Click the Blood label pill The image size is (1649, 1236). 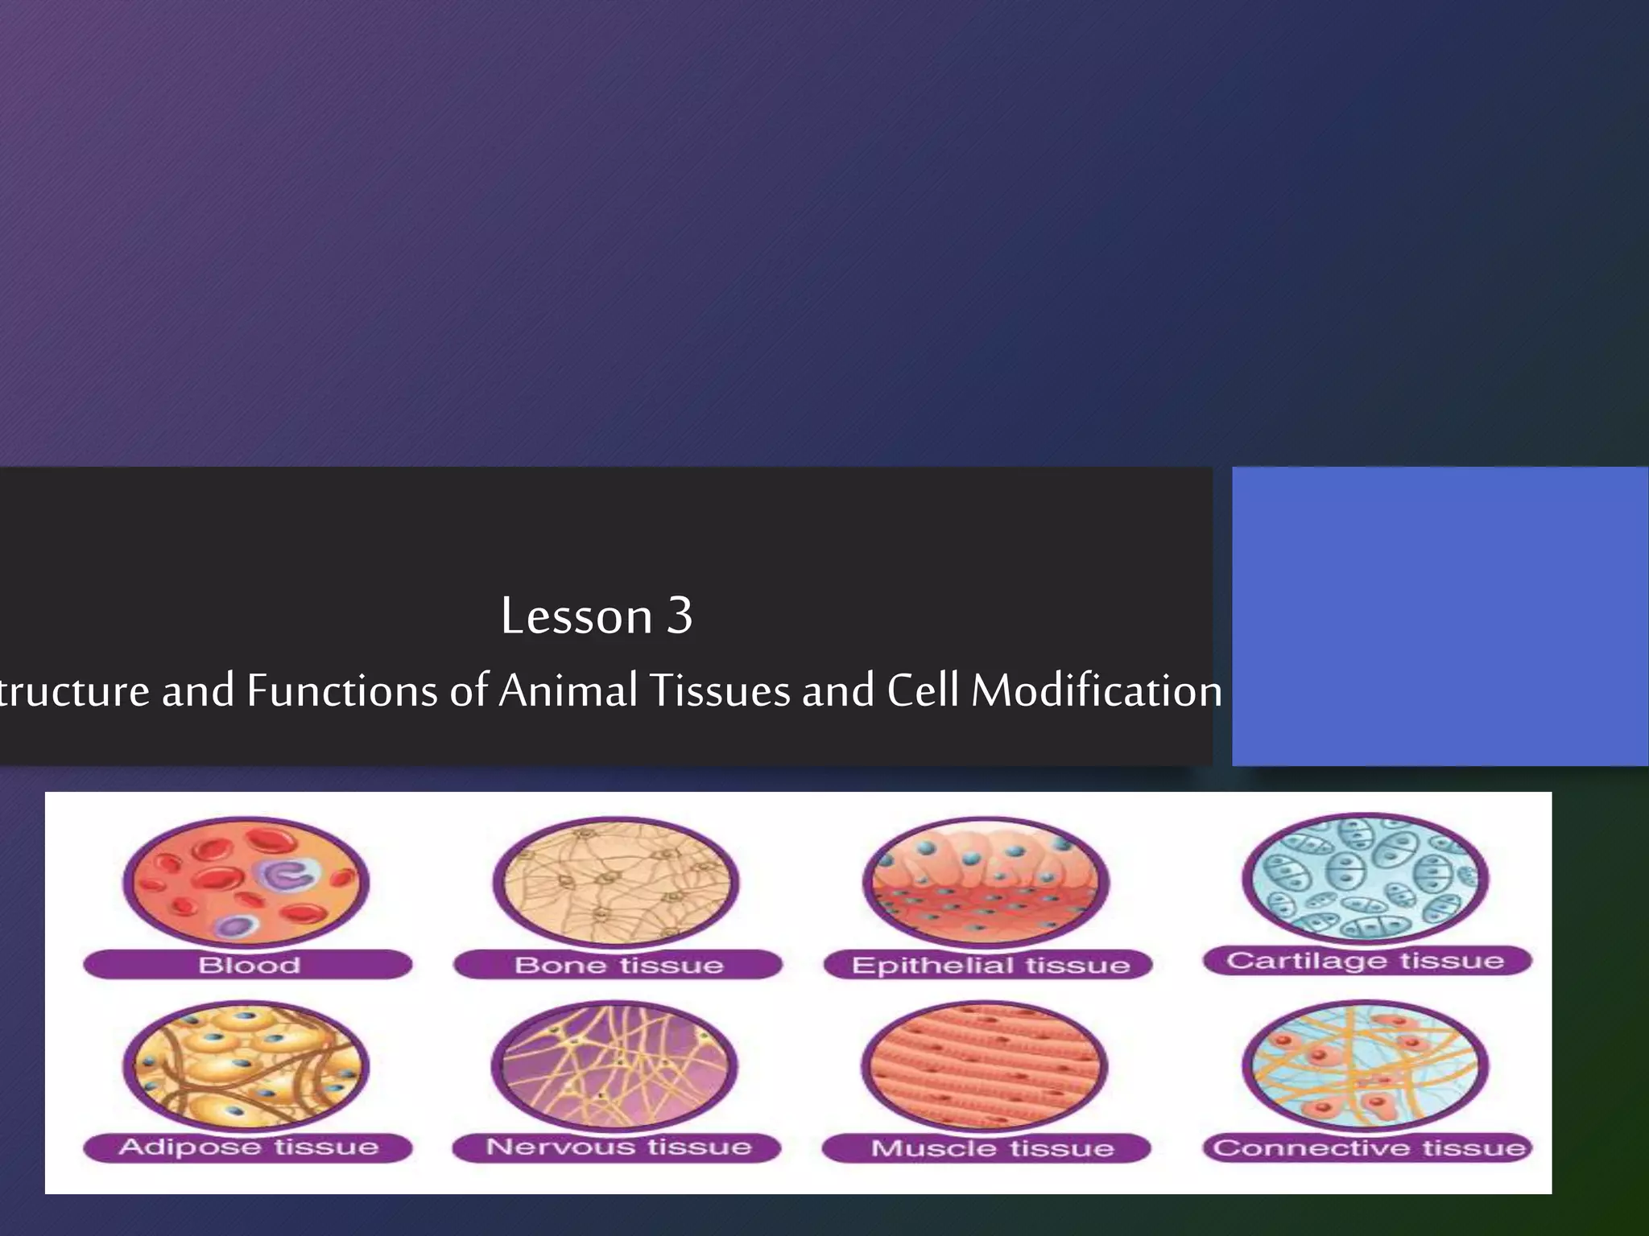click(248, 965)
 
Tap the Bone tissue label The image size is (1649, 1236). click(618, 965)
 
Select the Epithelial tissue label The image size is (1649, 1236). click(990, 965)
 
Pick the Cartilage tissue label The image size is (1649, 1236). click(1366, 961)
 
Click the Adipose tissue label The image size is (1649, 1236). click(248, 1147)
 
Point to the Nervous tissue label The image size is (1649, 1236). click(618, 1147)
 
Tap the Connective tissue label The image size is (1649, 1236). click(1368, 1147)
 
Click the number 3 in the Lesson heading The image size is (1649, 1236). click(680, 616)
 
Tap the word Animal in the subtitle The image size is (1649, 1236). click(568, 691)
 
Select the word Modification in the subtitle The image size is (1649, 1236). click(1097, 691)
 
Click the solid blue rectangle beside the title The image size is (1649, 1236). click(1440, 616)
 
